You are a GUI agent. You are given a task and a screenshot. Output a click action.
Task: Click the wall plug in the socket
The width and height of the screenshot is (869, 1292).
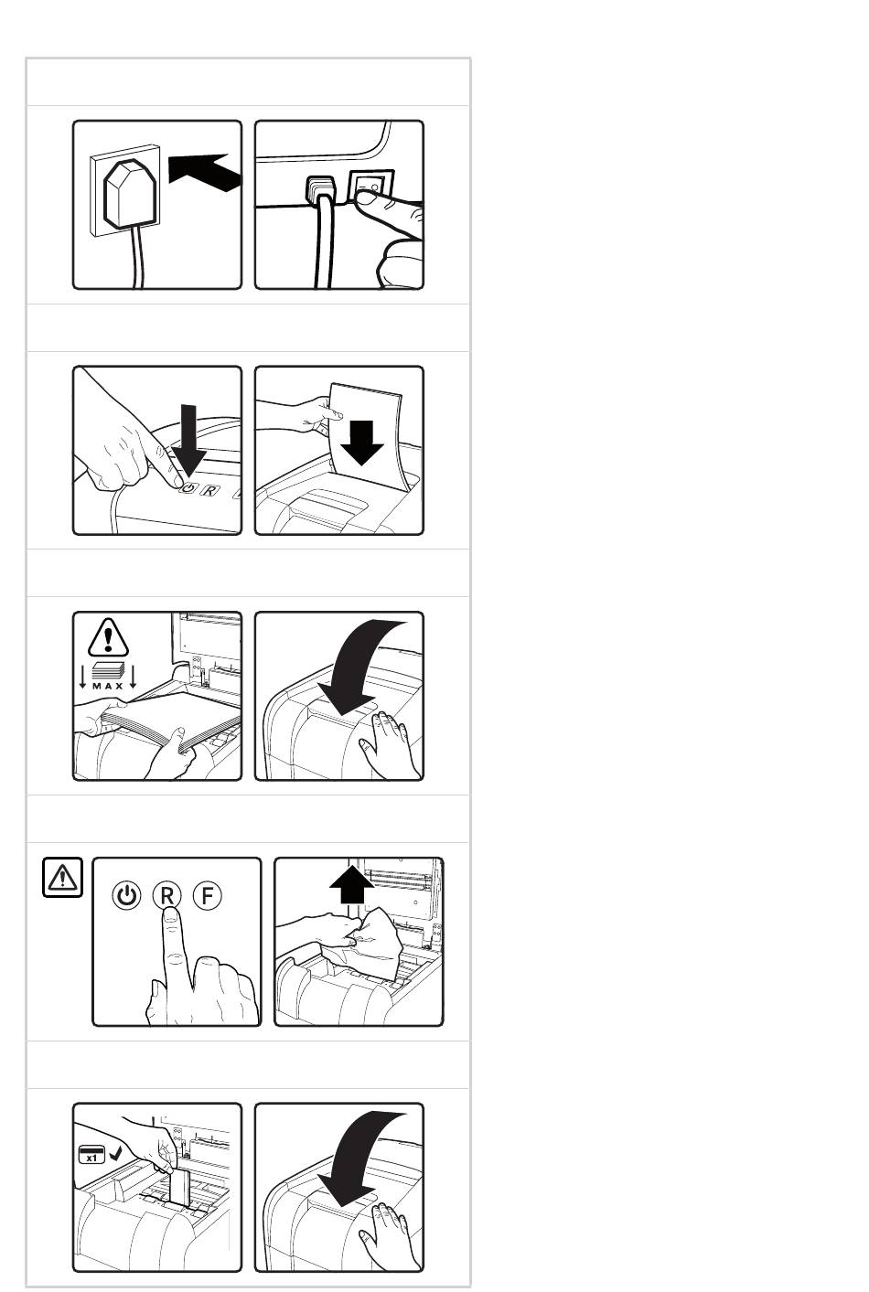click(130, 194)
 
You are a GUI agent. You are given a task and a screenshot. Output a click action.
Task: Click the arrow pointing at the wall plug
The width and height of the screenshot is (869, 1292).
click(204, 171)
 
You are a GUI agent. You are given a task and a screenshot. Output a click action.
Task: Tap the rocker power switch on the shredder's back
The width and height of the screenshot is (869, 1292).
click(370, 187)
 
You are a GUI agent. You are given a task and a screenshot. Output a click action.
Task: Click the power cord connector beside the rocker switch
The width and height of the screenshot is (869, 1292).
click(321, 189)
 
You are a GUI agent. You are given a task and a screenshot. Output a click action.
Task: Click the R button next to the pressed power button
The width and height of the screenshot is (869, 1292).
click(210, 491)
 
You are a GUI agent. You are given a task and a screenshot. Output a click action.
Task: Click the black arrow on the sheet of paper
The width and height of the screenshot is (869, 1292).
click(362, 443)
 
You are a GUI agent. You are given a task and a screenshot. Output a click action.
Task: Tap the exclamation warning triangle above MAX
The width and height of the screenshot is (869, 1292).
click(108, 637)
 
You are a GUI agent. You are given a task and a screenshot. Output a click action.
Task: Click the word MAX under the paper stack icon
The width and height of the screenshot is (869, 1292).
click(108, 687)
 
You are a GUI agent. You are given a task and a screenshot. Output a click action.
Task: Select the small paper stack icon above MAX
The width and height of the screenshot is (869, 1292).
click(108, 670)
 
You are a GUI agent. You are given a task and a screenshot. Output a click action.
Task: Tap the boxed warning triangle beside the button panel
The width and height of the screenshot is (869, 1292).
click(62, 877)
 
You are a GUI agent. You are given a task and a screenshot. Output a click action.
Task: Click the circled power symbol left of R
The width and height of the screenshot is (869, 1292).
click(126, 896)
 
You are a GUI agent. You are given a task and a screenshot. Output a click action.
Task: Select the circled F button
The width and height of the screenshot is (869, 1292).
click(207, 896)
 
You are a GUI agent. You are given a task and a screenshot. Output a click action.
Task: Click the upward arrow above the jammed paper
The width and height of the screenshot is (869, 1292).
click(351, 883)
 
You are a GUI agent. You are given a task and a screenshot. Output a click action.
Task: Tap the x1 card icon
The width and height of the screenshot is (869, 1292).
click(91, 1154)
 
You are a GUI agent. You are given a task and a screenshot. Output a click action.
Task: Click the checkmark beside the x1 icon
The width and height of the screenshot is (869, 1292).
click(115, 1153)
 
